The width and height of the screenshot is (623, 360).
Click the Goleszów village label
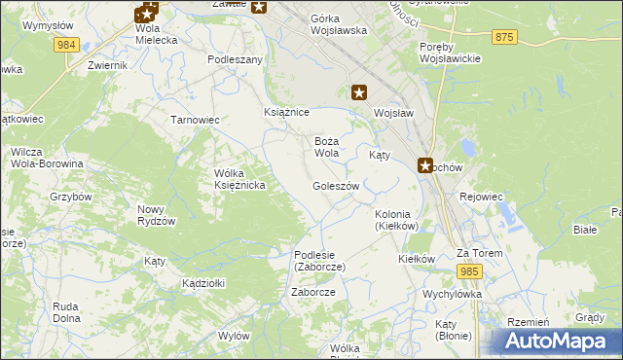coord(336,186)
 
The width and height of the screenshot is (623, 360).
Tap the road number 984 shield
coord(67,45)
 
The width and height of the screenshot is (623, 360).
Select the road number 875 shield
coord(503,37)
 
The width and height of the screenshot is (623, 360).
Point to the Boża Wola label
coord(326,147)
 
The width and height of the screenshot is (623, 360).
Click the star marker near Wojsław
coord(359,93)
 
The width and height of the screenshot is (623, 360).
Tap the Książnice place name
coord(286,113)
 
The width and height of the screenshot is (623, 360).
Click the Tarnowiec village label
coord(195,120)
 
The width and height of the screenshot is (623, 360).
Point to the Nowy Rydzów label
coord(156,215)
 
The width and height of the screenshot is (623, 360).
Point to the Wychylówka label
coord(453,293)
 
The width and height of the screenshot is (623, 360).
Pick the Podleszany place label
coord(236,59)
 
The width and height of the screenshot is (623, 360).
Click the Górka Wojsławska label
coord(338,24)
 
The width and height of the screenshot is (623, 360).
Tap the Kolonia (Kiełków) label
coord(396,220)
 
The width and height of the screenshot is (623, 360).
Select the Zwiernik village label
coord(107,65)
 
